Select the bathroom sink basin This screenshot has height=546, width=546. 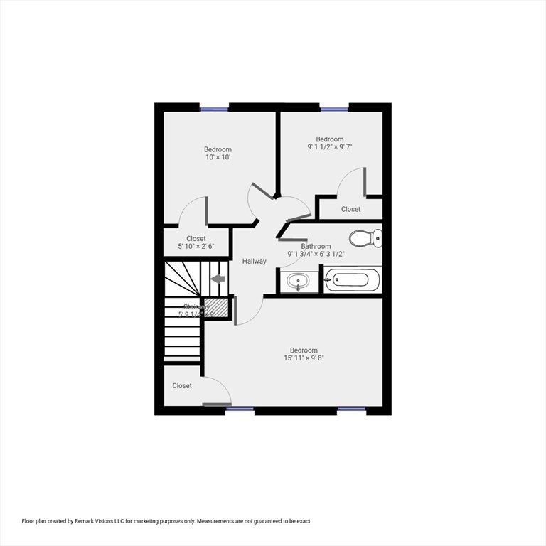pyautogui.click(x=297, y=282)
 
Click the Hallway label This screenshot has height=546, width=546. pyautogui.click(x=254, y=262)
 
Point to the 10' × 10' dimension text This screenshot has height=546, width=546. pyautogui.click(x=218, y=157)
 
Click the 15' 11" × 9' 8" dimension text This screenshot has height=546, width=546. pyautogui.click(x=304, y=358)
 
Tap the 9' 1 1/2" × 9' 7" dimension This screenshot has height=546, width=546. pyautogui.click(x=330, y=147)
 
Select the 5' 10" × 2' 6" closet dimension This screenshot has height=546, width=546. pyautogui.click(x=196, y=247)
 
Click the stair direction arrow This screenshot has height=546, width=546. pyautogui.click(x=218, y=279)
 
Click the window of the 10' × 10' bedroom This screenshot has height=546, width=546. pyautogui.click(x=214, y=109)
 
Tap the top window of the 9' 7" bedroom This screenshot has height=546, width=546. pyautogui.click(x=334, y=109)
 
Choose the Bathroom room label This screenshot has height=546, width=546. pyautogui.click(x=316, y=247)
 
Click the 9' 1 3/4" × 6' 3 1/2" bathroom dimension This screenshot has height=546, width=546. pyautogui.click(x=316, y=254)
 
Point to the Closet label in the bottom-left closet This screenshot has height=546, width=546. pyautogui.click(x=182, y=386)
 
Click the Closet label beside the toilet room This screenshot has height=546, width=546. pyautogui.click(x=350, y=209)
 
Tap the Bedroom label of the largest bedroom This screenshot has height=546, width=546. pyautogui.click(x=304, y=350)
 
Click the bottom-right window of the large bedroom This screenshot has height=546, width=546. pyautogui.click(x=351, y=409)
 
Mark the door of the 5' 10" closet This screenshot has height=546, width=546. pyautogui.click(x=206, y=211)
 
